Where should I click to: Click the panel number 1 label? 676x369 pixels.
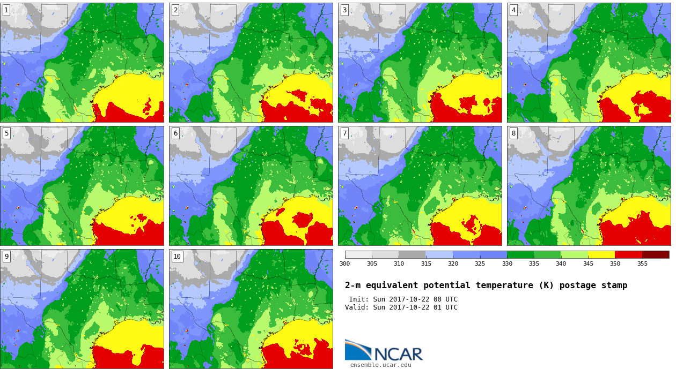pos(6,11)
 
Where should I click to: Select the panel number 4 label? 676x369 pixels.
pos(513,11)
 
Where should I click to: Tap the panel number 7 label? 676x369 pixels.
pos(344,133)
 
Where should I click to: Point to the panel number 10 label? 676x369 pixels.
pos(177,257)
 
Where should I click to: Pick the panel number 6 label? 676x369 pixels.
pos(175,133)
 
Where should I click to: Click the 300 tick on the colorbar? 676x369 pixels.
pos(344,263)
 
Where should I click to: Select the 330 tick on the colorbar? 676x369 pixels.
pos(507,263)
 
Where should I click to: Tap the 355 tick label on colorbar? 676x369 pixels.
pos(642,263)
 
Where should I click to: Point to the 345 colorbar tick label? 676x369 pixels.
pos(588,263)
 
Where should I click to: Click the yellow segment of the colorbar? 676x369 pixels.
pos(601,255)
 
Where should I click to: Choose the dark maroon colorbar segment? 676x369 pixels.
pos(656,255)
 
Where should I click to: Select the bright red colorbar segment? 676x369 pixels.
pos(629,255)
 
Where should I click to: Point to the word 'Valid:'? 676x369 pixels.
pos(357,307)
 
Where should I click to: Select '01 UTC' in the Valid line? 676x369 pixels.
pos(445,307)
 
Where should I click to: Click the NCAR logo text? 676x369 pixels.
pos(399,354)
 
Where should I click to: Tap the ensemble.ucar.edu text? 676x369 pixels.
pos(380,365)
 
